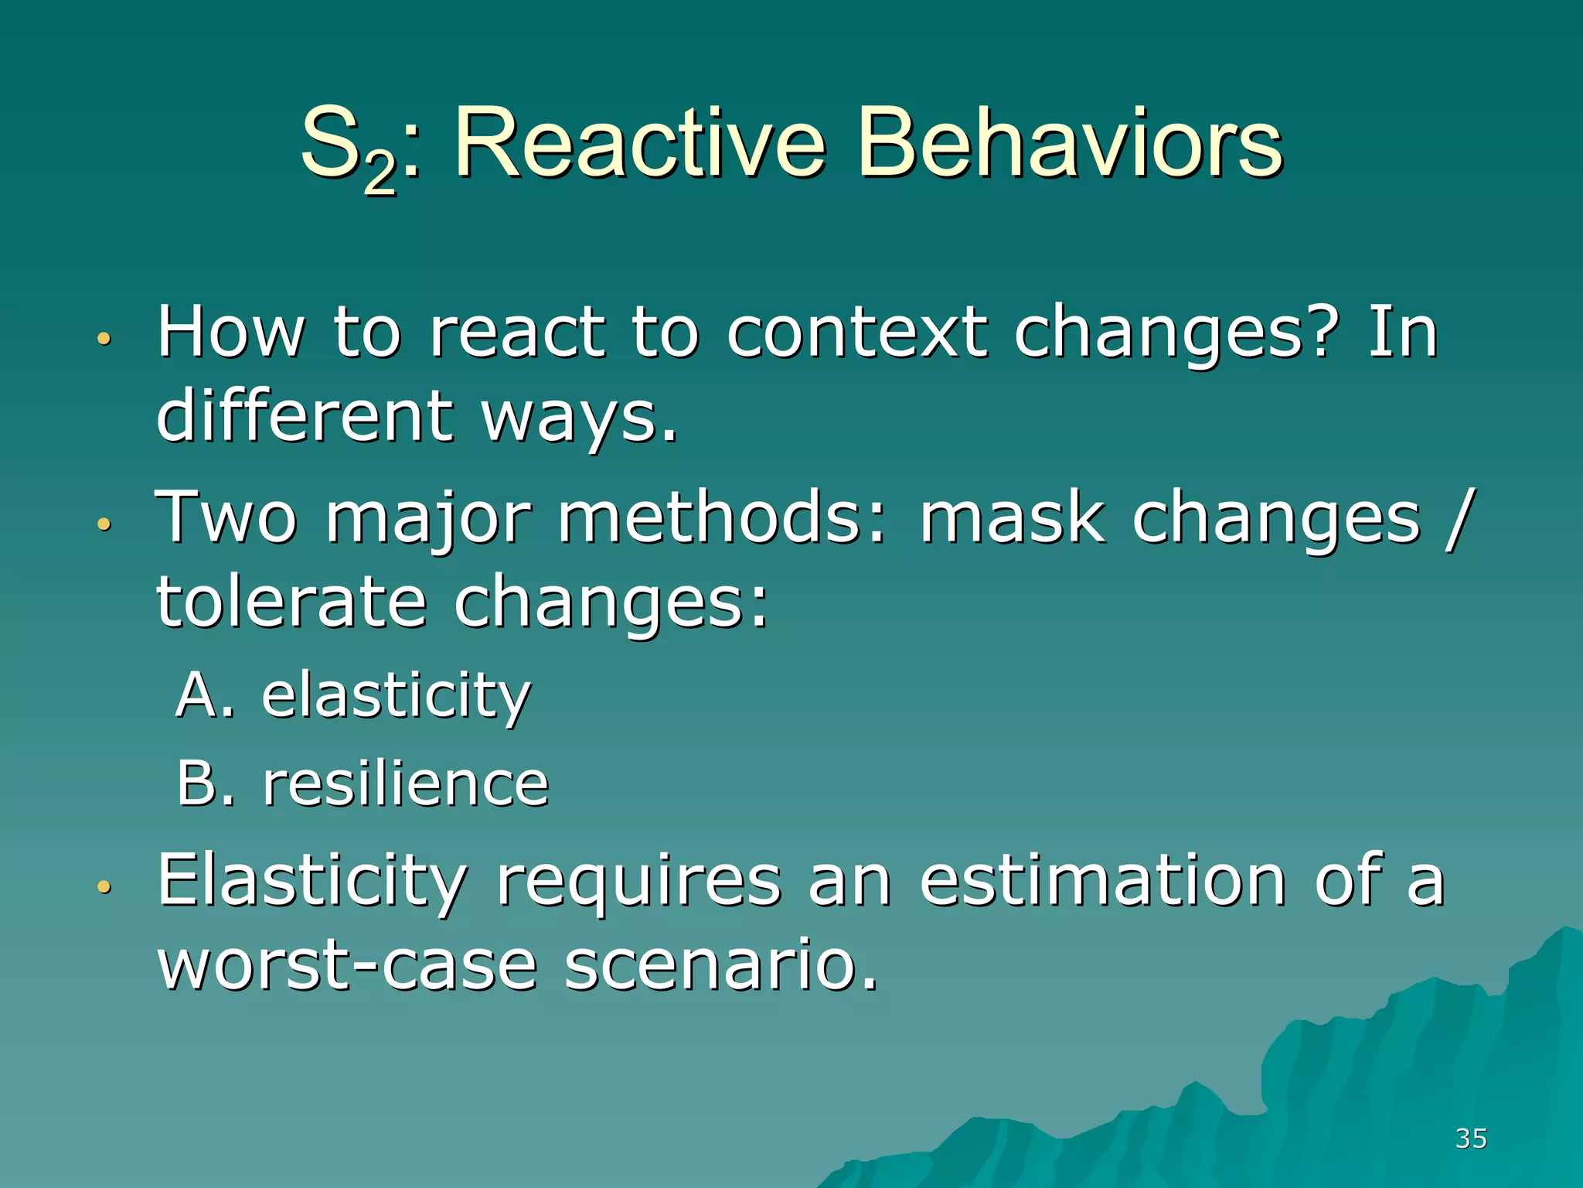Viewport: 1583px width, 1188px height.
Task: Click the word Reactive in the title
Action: click(x=640, y=143)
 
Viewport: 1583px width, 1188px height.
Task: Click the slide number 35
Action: click(x=1470, y=1138)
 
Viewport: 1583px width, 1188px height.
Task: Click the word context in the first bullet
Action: click(x=856, y=333)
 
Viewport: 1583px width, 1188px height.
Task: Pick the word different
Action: click(x=305, y=416)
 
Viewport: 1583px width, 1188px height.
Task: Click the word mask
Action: click(x=1011, y=518)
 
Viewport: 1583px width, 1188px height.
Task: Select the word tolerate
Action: click(x=292, y=602)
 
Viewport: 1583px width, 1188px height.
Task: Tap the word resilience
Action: click(x=406, y=784)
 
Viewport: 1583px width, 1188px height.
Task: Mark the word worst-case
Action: click(x=347, y=965)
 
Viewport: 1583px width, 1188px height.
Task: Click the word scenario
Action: click(x=721, y=965)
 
